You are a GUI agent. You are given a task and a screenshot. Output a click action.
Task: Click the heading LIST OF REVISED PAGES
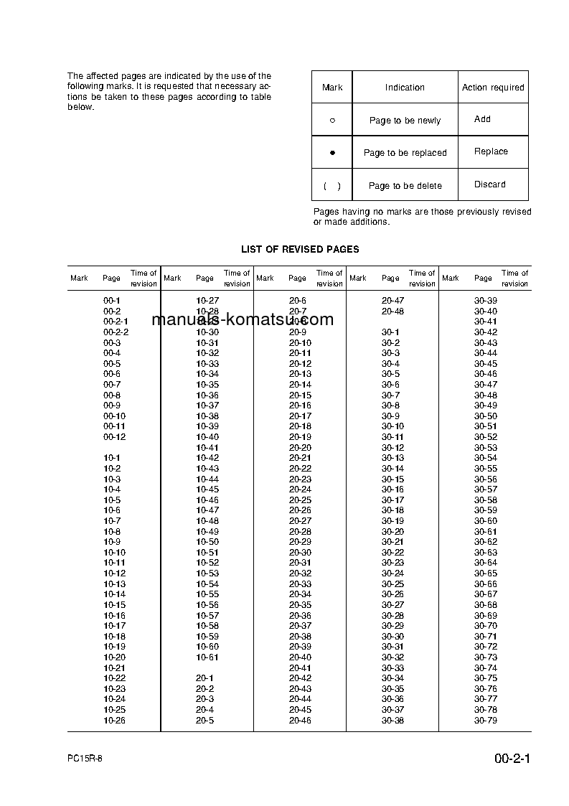300,249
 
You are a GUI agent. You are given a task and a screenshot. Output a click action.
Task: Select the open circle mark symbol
332,121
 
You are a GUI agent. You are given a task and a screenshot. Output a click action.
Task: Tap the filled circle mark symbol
332,153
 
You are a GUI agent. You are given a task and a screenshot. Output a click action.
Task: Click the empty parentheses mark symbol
332,186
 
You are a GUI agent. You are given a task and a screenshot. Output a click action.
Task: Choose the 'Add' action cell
482,119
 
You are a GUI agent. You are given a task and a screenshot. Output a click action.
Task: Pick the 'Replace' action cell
491,151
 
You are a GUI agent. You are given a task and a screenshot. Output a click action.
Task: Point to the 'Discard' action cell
489,184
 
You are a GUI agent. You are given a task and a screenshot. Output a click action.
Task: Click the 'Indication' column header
405,88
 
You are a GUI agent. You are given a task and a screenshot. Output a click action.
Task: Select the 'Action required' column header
493,88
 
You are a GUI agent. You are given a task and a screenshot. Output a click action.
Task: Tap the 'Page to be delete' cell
405,186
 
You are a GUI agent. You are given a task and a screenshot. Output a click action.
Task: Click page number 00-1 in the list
112,301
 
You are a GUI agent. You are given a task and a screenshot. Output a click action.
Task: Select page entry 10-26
114,720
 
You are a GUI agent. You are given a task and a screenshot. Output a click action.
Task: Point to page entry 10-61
207,657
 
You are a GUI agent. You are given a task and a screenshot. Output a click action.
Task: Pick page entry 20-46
300,720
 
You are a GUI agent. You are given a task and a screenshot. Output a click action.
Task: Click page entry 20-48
392,311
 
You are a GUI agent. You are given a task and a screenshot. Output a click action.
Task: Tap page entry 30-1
390,332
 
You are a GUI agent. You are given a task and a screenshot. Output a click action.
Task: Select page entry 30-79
485,720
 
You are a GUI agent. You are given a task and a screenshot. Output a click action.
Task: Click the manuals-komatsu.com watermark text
243,320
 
